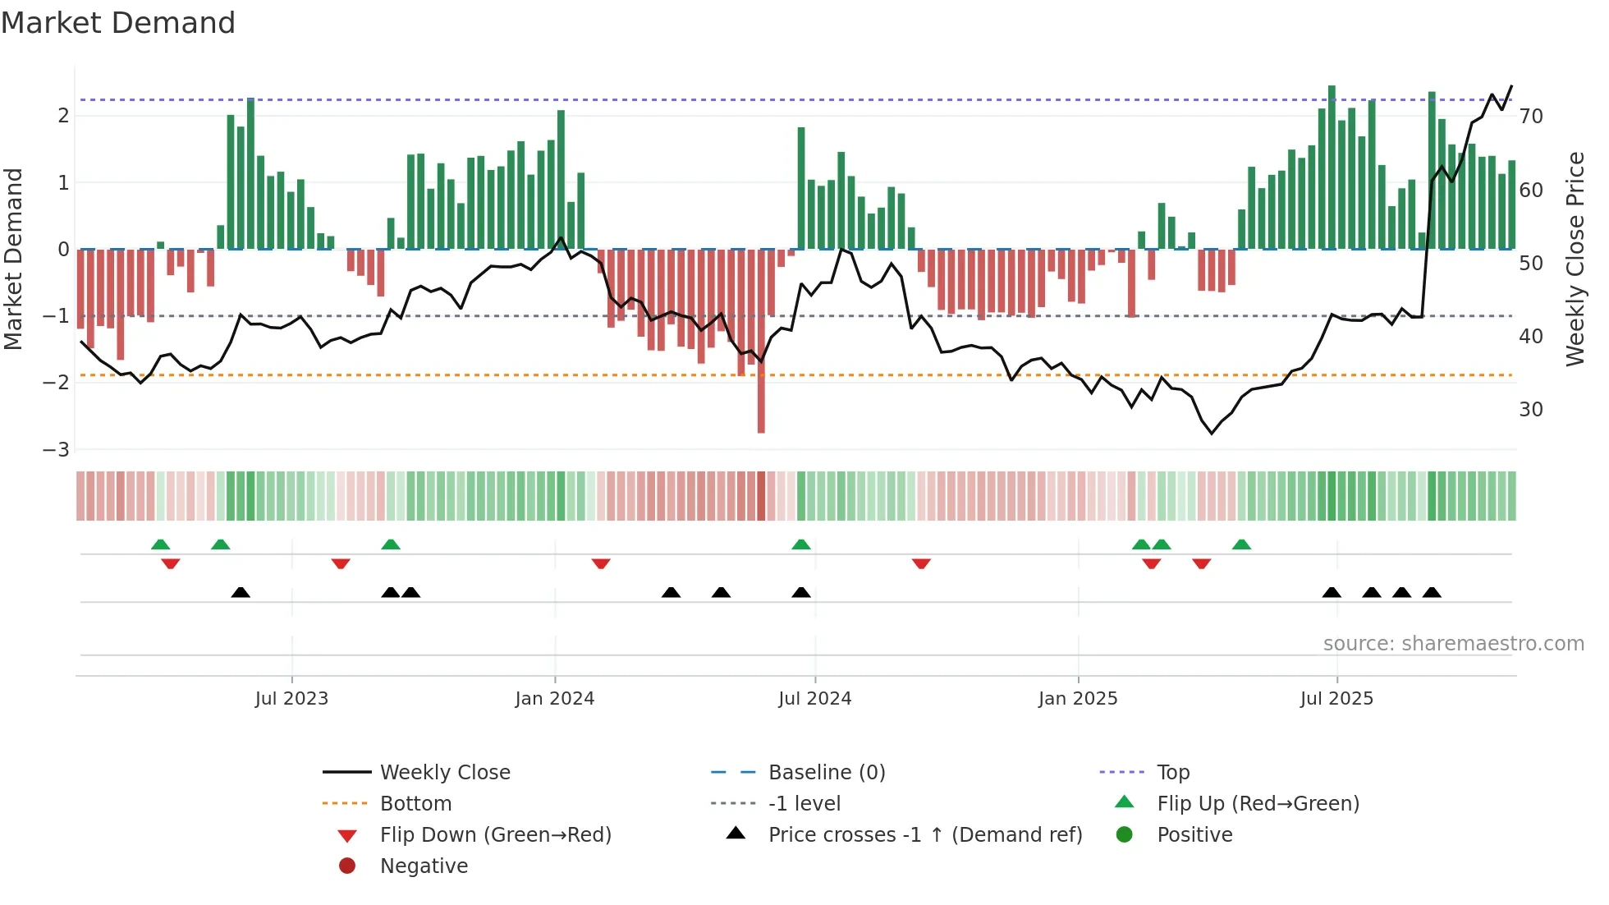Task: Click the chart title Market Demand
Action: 118,23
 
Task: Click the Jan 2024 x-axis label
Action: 554,699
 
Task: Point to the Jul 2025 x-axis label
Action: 1336,699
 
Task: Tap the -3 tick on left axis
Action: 56,450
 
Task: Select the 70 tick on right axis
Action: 1531,117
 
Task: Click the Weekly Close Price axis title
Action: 1575,259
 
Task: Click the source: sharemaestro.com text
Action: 1453,644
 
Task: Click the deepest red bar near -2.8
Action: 761,411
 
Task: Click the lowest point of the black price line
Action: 1212,433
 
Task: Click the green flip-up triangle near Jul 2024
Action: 801,544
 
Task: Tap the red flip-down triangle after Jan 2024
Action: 601,563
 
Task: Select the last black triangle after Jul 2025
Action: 1432,592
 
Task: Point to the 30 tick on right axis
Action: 1531,410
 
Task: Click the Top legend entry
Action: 1172,773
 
